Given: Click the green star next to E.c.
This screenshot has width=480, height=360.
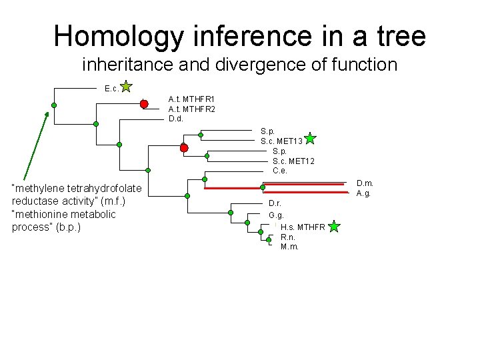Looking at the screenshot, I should point(127,87).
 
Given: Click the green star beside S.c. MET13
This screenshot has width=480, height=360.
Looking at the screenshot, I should point(310,139).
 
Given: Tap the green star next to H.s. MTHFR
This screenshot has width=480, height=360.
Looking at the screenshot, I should point(334,227).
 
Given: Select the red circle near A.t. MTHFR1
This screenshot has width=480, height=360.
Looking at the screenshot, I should point(144,103).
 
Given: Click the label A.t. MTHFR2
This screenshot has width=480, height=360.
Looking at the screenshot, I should point(191,109).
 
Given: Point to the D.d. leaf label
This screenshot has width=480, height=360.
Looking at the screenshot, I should point(175,119).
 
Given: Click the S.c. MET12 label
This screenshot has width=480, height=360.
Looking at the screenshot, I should point(293,161).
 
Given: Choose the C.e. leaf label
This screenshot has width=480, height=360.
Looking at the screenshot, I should point(280,170).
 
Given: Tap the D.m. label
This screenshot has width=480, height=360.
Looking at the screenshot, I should point(365,183).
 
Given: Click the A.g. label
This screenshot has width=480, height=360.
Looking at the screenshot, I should point(363,193).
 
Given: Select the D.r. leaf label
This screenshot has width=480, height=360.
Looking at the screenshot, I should point(275,203).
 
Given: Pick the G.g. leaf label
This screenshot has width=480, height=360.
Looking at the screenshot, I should point(276,215).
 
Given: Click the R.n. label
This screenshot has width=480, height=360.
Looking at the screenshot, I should point(288,237).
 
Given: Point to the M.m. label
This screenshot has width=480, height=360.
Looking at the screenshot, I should point(289,247).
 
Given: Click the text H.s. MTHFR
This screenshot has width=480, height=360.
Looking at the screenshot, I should point(303,227).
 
